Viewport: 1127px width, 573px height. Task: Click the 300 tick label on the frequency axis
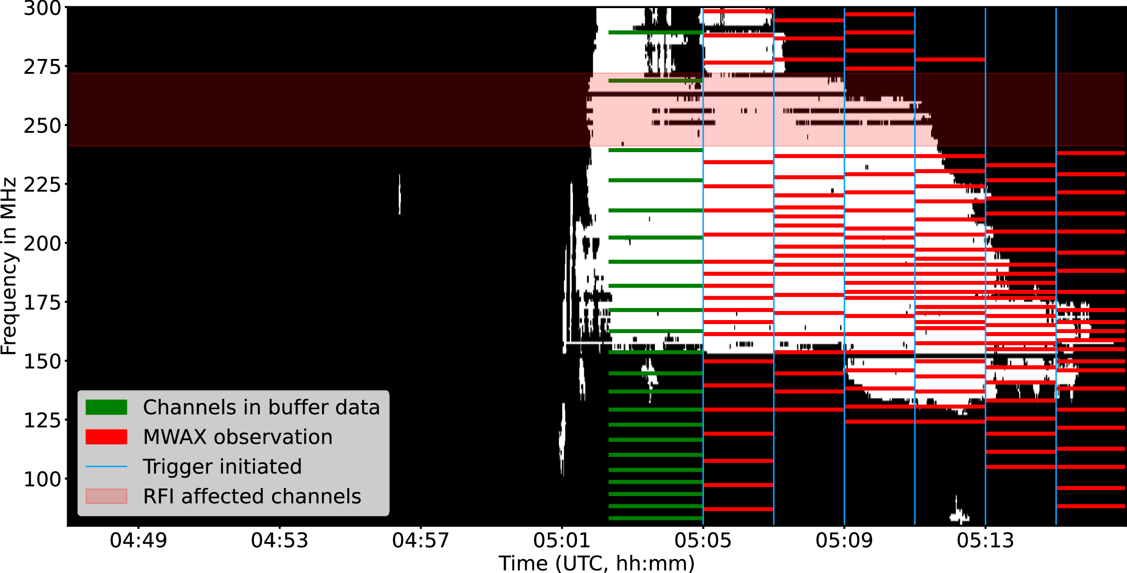pyautogui.click(x=42, y=9)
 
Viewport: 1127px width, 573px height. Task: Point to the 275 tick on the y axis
pyautogui.click(x=42, y=67)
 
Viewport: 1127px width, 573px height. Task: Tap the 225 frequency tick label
pyautogui.click(x=42, y=185)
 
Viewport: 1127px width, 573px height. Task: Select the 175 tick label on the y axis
pyautogui.click(x=42, y=302)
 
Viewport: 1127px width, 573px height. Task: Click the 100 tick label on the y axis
pyautogui.click(x=42, y=479)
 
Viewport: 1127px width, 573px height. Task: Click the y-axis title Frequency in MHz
pyautogui.click(x=9, y=266)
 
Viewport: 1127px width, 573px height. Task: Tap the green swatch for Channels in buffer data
pyautogui.click(x=106, y=407)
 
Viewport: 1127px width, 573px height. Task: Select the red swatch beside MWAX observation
pyautogui.click(x=106, y=437)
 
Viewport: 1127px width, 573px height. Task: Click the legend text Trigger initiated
pyautogui.click(x=222, y=467)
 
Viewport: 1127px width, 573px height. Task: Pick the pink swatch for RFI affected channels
pyautogui.click(x=106, y=496)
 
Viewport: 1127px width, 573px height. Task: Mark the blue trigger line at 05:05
pyautogui.click(x=703, y=270)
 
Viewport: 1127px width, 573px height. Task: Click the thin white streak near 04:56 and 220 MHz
pyautogui.click(x=400, y=194)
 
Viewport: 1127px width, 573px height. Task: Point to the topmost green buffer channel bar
pyautogui.click(x=655, y=32)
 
